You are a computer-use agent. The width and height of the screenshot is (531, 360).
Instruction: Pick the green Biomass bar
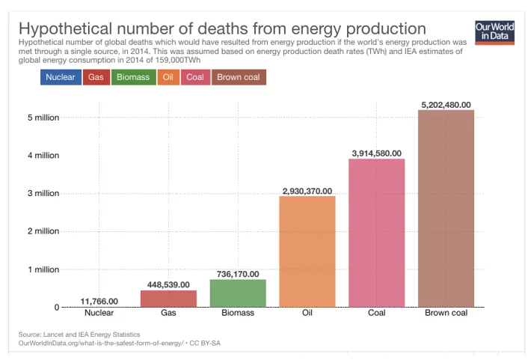(238, 293)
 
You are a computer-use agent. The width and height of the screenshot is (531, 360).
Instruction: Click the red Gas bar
(168, 298)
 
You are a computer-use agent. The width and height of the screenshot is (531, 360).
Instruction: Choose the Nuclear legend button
(61, 77)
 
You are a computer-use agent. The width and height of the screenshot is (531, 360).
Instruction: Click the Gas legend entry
(96, 77)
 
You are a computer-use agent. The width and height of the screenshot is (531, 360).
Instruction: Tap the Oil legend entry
(168, 77)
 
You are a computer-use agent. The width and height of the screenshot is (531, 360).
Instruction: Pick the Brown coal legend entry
(239, 77)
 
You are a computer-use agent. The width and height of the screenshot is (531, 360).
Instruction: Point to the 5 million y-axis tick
(43, 118)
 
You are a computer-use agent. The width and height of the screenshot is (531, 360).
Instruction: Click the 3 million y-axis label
(43, 193)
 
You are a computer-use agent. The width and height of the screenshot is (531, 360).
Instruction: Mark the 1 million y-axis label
(43, 269)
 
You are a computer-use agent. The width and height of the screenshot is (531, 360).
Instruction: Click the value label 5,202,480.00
(446, 105)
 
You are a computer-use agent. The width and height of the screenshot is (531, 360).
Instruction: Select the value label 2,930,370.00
(307, 191)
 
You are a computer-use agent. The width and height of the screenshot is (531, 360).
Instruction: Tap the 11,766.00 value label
(99, 301)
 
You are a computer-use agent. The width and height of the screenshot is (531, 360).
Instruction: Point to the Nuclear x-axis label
(99, 313)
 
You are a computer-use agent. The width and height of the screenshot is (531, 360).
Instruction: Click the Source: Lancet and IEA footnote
(79, 334)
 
